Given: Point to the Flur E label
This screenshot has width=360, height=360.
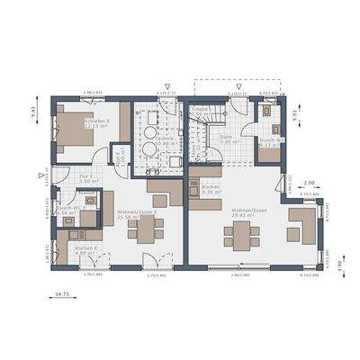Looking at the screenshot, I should [x=87, y=178].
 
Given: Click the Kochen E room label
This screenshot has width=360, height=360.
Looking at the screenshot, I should [x=85, y=249].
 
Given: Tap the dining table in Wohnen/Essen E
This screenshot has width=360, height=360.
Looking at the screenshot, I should [x=144, y=231].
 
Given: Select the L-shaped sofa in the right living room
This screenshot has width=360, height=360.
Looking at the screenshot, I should [x=301, y=225].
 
